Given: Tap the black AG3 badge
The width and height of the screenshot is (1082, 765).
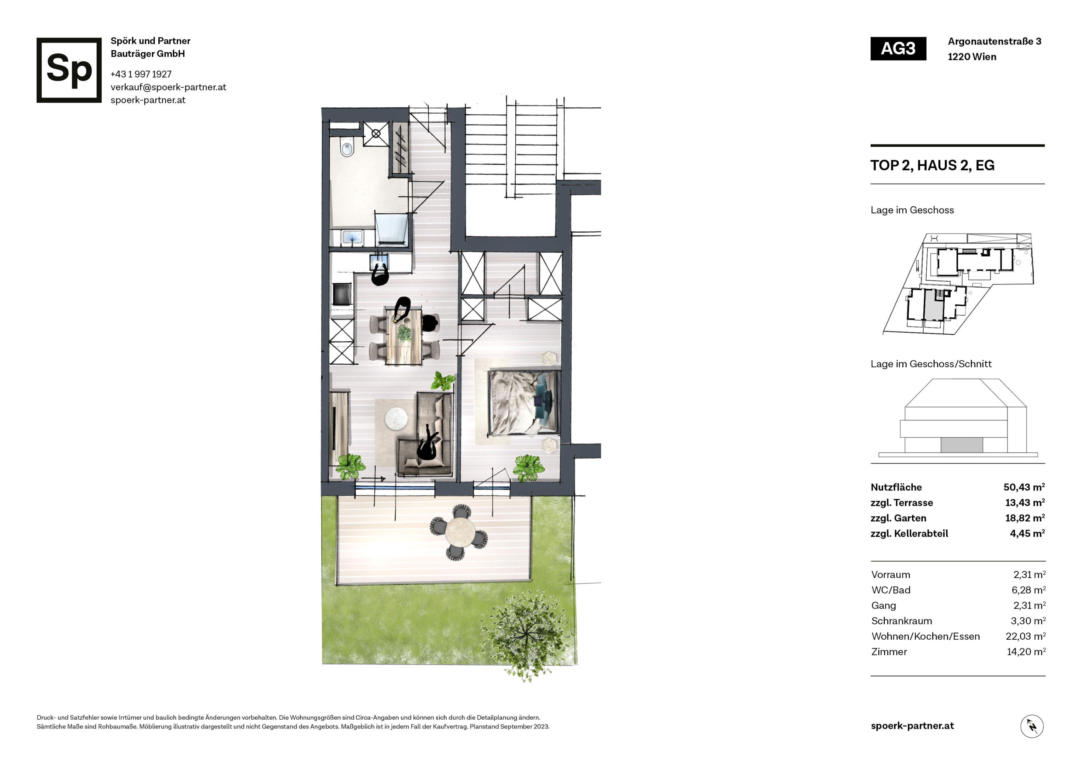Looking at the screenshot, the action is pos(898,49).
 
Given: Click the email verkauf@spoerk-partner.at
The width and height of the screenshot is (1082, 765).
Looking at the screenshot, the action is pos(168,87).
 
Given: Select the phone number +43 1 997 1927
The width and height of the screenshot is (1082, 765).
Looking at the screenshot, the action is pos(141,74).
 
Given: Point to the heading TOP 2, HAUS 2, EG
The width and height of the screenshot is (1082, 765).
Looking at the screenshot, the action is pos(932,165).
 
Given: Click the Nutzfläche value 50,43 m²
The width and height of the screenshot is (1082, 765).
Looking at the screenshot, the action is pos(1024,487).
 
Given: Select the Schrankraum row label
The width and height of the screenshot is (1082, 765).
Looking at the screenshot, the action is pos(901,621).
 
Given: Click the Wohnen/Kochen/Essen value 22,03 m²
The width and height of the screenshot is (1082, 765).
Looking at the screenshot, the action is pos(1025,636).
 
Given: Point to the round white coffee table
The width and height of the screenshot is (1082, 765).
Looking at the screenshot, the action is pos(396,418).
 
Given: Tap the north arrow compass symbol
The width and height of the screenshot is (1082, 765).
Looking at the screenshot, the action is pos(1032,726).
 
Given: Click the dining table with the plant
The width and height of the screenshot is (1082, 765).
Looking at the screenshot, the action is pos(404,336).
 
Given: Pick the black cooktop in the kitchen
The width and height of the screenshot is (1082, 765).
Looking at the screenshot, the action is pos(342,294).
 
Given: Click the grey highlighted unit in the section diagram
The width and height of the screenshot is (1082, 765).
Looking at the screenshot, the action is pos(961,444).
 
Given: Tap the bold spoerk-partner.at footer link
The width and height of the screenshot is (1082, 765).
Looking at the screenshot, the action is pos(912,726).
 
